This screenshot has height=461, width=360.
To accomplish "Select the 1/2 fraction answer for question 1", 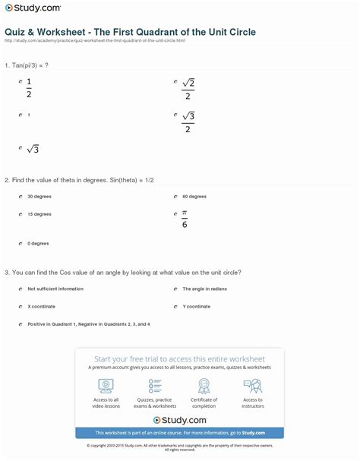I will pyautogui.click(x=29, y=87).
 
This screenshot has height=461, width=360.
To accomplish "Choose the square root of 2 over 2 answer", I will pyautogui.click(x=188, y=87).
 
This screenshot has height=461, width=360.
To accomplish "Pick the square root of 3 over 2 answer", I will pyautogui.click(x=188, y=122).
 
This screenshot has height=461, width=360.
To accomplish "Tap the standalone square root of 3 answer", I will pyautogui.click(x=32, y=149).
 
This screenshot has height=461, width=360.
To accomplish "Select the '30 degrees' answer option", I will pyautogui.click(x=39, y=196).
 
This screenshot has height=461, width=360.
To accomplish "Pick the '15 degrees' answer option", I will pyautogui.click(x=39, y=214).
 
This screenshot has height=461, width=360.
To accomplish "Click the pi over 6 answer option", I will pyautogui.click(x=185, y=219).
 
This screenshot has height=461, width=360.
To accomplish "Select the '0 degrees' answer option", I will pyautogui.click(x=38, y=244).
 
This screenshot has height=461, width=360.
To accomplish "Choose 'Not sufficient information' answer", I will pyautogui.click(x=56, y=289).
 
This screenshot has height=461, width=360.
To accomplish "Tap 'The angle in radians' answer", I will pyautogui.click(x=204, y=289).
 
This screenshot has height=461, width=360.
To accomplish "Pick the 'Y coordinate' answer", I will pyautogui.click(x=196, y=306).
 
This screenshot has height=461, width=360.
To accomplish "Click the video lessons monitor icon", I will pyautogui.click(x=106, y=385).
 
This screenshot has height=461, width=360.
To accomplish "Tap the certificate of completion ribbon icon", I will pyautogui.click(x=204, y=385).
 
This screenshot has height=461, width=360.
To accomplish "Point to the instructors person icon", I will pyautogui.click(x=253, y=385).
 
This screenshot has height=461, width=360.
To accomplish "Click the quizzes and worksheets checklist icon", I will pyautogui.click(x=155, y=385).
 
